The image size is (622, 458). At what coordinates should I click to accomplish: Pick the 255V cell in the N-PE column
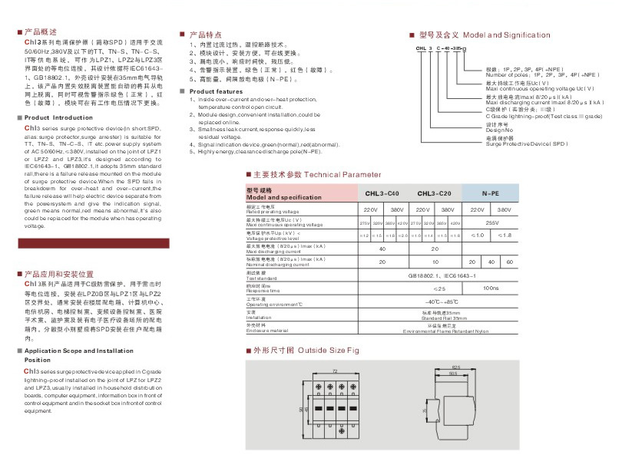click(x=490, y=222)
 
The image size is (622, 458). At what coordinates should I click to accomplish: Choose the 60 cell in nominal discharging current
click(x=509, y=262)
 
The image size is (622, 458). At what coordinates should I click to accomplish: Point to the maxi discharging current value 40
click(x=382, y=249)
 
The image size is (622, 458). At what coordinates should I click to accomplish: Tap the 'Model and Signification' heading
click(x=507, y=35)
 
